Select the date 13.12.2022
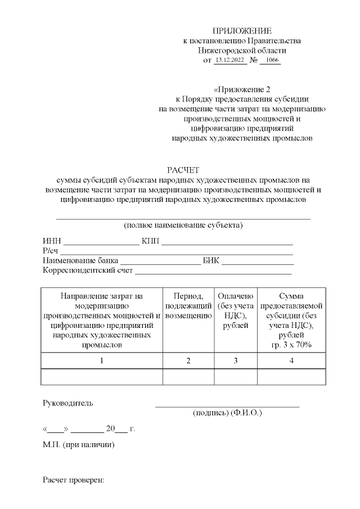(231, 60)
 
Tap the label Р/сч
(51, 251)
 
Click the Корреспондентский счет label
(88, 271)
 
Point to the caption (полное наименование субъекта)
(183, 226)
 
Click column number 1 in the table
(102, 361)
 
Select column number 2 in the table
(188, 361)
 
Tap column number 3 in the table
(236, 361)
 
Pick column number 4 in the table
(291, 361)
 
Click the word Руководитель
(68, 403)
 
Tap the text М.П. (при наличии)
(79, 445)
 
